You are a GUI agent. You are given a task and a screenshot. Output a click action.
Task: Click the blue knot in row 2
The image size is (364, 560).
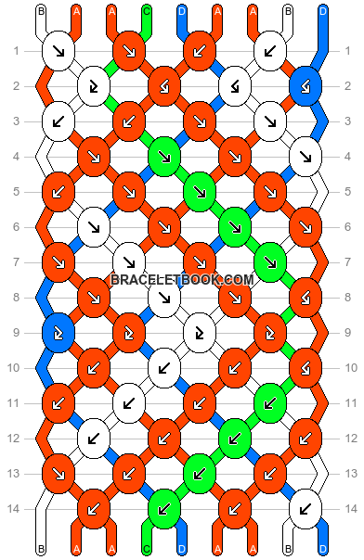click(x=305, y=87)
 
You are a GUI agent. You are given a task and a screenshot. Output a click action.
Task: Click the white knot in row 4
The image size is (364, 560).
click(x=305, y=157)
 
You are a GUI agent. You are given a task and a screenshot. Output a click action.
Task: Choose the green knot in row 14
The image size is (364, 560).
click(x=163, y=507)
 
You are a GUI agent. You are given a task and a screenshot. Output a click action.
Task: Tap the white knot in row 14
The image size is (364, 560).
click(x=305, y=507)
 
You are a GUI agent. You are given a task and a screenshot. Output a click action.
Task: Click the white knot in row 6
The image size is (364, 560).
click(x=93, y=225)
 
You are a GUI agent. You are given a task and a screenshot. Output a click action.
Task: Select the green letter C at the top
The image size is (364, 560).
click(x=147, y=11)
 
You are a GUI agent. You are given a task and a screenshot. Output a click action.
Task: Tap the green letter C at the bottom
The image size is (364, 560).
click(x=147, y=549)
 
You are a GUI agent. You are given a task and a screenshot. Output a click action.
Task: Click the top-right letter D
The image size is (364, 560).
click(x=322, y=11)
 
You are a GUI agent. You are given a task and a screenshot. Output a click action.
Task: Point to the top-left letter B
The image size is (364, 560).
click(x=41, y=11)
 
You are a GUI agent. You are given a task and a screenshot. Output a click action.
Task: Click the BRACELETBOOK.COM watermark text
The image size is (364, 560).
click(x=182, y=279)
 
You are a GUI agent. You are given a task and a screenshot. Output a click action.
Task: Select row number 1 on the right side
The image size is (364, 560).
click(x=347, y=50)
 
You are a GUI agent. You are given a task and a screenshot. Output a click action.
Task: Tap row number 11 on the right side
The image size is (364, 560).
click(x=347, y=402)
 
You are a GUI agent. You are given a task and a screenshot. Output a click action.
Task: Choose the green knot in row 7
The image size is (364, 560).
click(x=269, y=262)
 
